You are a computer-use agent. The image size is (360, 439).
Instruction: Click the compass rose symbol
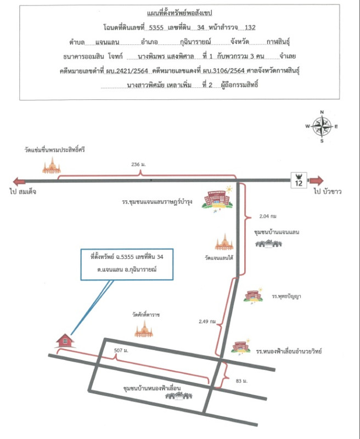tap(322, 127)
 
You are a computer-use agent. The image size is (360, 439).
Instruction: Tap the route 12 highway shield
tap(299, 181)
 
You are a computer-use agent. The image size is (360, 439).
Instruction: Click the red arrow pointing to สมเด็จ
tap(19, 182)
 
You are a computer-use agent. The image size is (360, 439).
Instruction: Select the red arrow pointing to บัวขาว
tap(316, 181)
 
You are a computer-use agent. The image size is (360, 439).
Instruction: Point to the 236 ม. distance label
tap(139, 164)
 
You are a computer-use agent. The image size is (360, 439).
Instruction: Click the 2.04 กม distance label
tap(268, 216)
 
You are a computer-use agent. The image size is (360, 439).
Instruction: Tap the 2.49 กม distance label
tap(207, 322)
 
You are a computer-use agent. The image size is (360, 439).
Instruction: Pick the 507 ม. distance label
tap(121, 351)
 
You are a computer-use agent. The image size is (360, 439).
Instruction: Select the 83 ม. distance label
tap(241, 381)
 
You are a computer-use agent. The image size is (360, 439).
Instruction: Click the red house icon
tap(65, 340)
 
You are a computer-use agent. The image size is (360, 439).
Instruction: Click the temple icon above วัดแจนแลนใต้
tap(224, 242)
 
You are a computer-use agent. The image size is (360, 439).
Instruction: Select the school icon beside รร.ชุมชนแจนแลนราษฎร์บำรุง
tap(217, 199)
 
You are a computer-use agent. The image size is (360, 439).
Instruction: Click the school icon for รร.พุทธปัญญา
tap(254, 295)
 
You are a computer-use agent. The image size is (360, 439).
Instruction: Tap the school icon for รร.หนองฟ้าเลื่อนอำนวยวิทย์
tap(241, 347)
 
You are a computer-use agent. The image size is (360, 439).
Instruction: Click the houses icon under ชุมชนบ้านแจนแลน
tap(268, 244)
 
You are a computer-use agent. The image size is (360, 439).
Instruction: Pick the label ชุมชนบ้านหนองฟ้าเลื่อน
tap(152, 388)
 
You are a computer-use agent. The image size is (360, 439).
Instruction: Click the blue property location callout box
tap(127, 264)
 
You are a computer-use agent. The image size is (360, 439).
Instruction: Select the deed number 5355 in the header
tap(156, 27)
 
